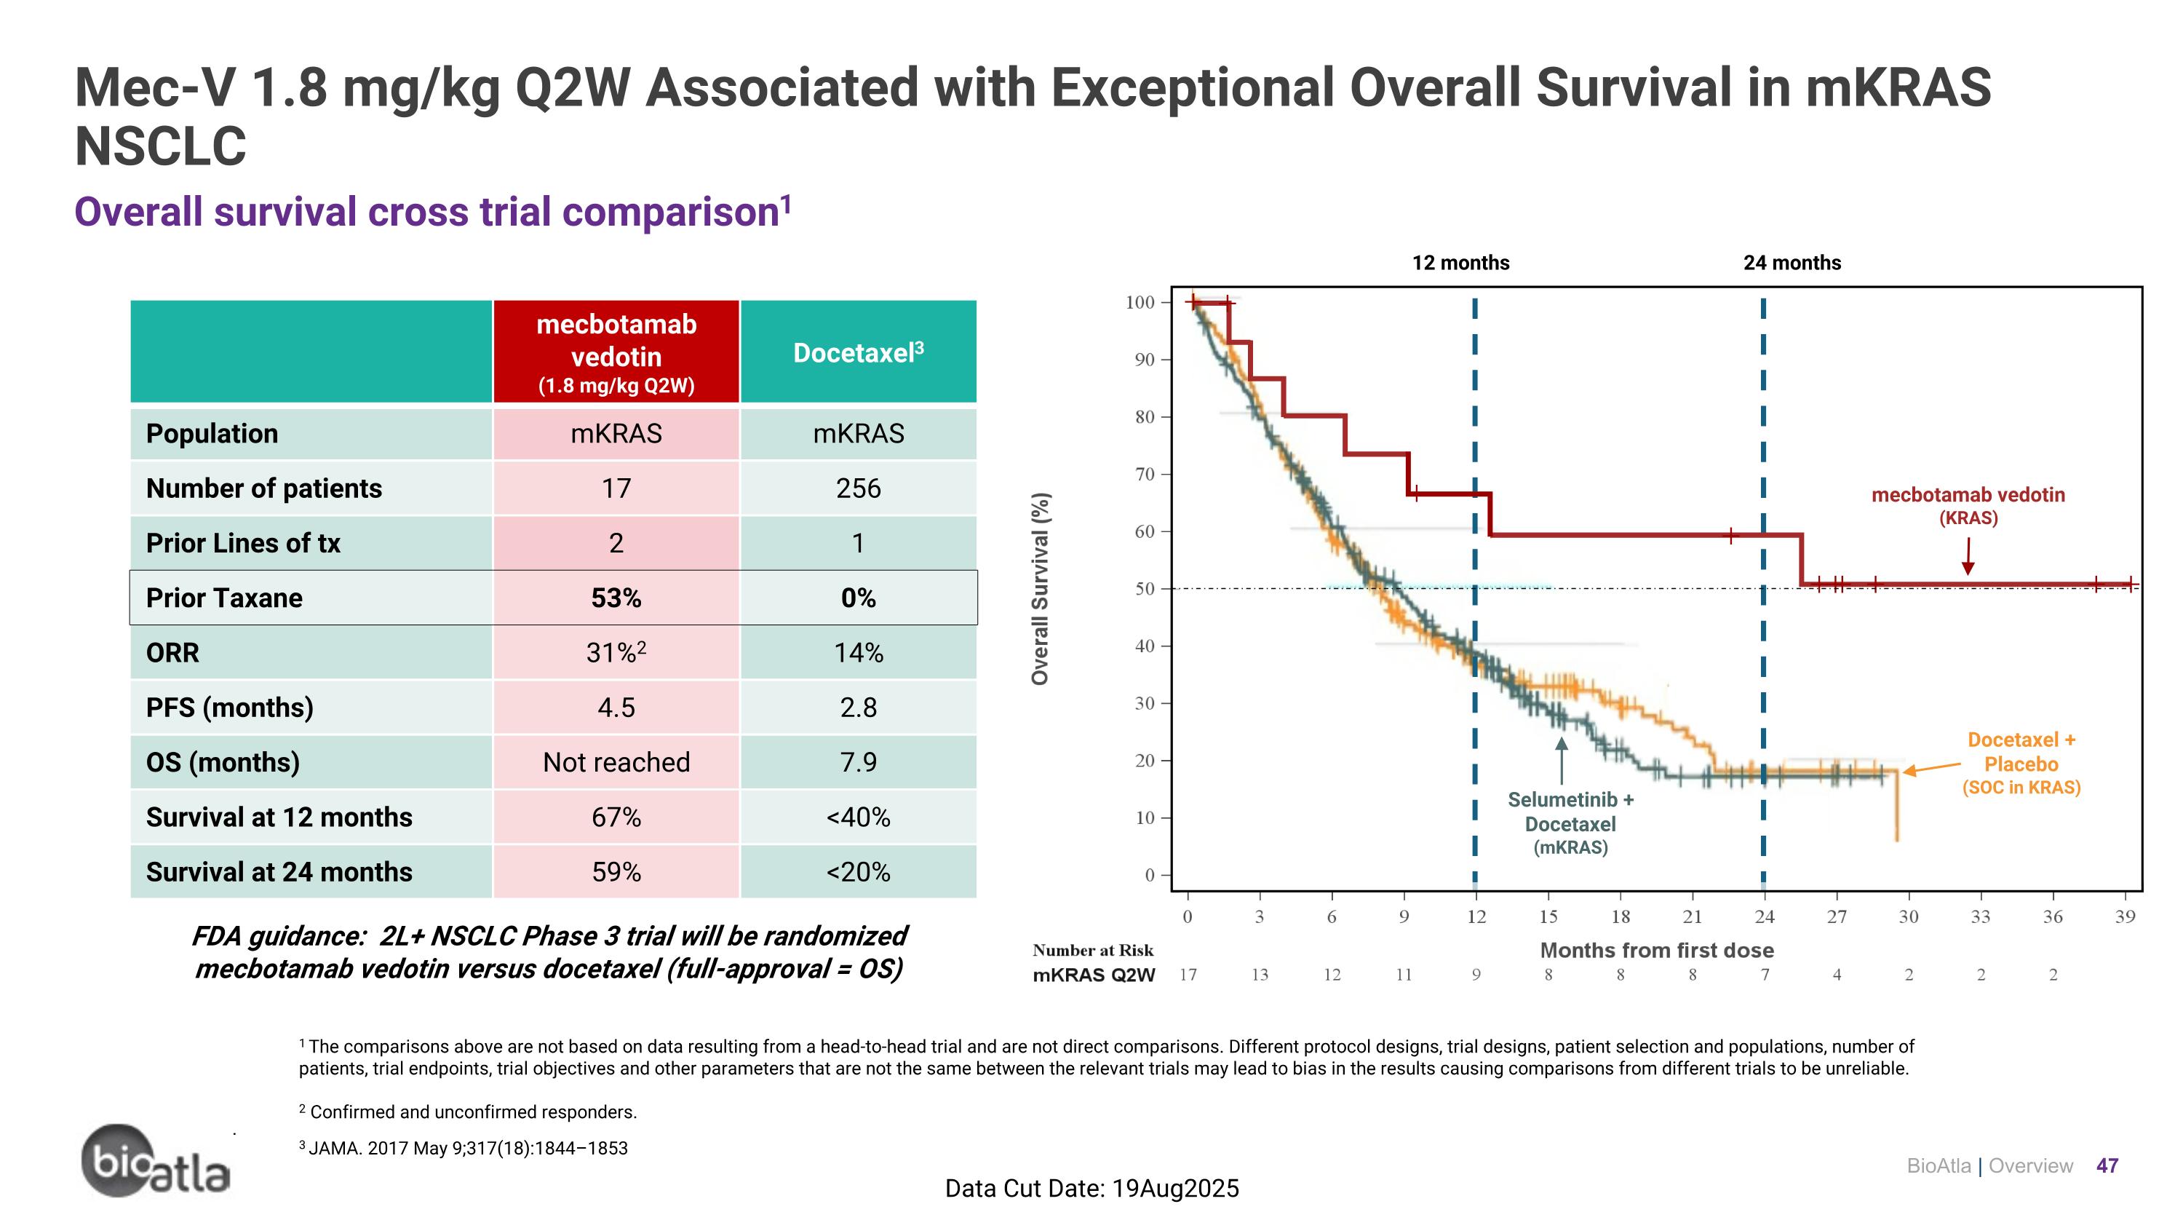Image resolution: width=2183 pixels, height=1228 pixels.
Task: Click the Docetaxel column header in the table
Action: click(x=858, y=352)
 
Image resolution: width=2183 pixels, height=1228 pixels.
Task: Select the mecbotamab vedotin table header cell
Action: click(x=616, y=352)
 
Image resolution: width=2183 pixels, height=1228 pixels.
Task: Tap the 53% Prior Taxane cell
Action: click(x=616, y=598)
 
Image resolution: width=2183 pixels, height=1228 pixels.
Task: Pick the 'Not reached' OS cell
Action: click(x=616, y=762)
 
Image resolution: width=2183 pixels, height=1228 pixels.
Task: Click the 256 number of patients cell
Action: click(x=858, y=488)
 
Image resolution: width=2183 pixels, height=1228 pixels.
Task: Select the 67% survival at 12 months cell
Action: click(x=616, y=817)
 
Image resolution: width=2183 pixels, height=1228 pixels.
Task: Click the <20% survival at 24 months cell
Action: click(x=858, y=871)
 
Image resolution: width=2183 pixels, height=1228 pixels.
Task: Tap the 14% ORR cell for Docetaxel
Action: click(x=858, y=652)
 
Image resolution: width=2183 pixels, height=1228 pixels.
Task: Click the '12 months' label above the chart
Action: click(x=1460, y=263)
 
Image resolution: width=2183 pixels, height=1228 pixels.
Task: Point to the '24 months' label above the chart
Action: click(x=1792, y=263)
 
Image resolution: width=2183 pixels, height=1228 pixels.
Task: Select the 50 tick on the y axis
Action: click(x=1144, y=588)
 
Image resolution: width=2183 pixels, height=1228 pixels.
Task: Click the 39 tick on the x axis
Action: click(x=2125, y=916)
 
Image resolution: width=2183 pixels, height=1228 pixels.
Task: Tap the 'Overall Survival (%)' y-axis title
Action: click(x=1040, y=588)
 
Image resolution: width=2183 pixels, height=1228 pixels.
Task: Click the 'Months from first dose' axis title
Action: click(x=1656, y=950)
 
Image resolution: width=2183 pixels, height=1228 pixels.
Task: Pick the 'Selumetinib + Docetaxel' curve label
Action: click(x=1570, y=823)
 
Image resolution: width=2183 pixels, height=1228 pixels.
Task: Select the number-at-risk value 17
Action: click(x=1188, y=975)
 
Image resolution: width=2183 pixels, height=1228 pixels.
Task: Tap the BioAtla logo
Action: click(x=156, y=1161)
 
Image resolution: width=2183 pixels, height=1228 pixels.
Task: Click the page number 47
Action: click(x=2107, y=1165)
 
